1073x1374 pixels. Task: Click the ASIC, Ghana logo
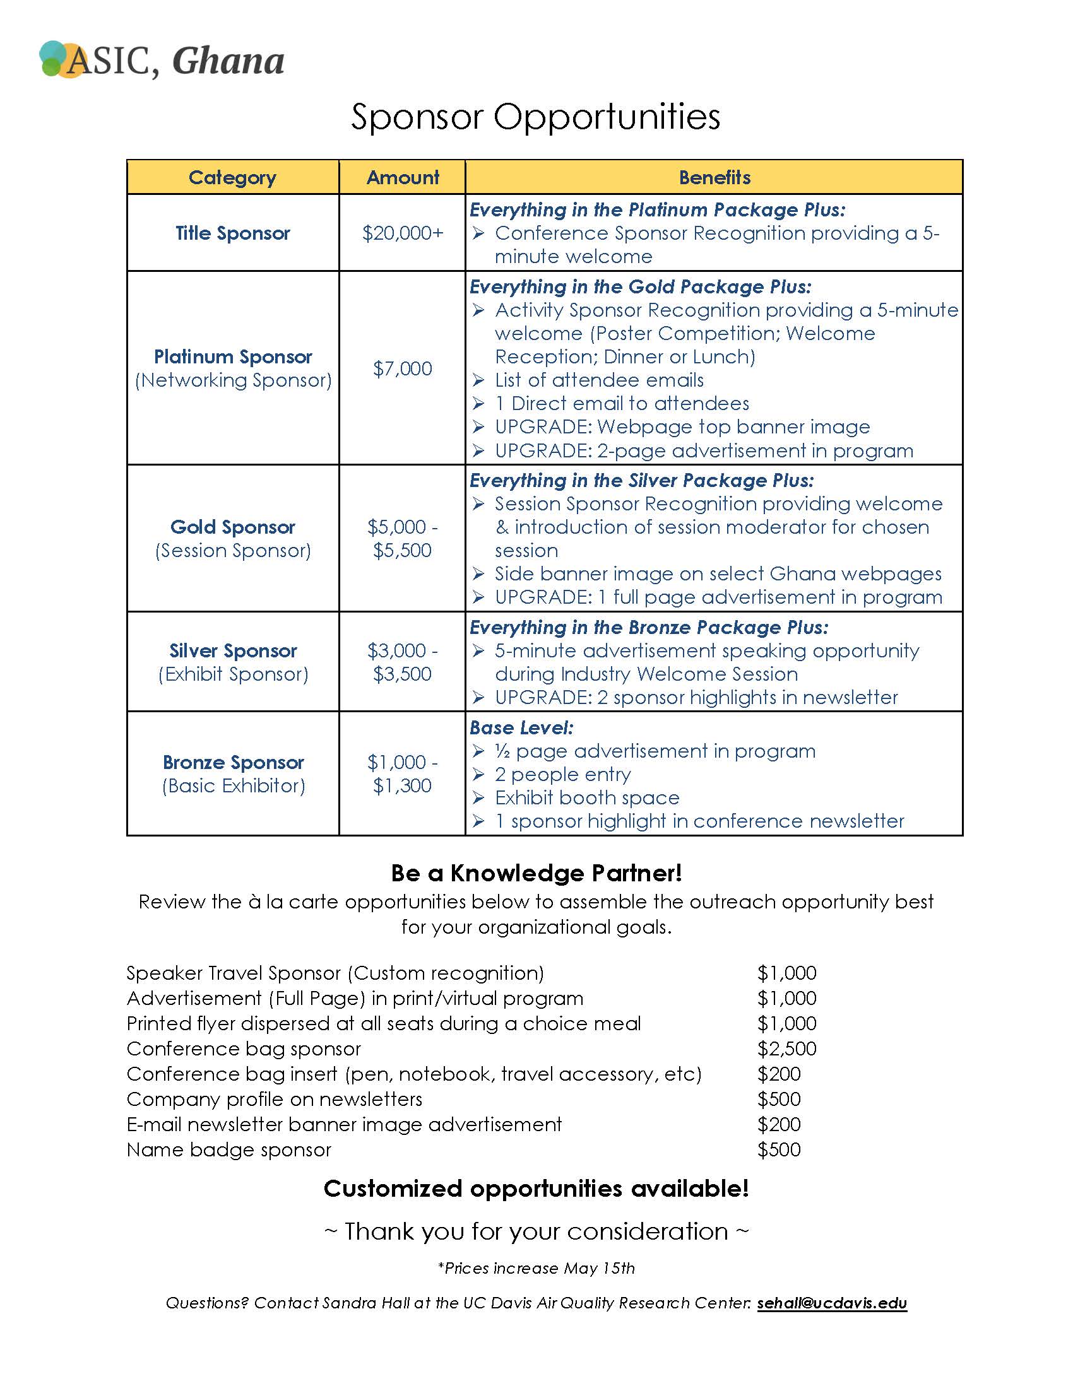pos(162,61)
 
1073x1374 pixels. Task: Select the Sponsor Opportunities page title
pos(535,117)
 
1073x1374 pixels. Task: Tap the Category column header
pos(232,177)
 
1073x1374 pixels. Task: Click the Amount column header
pos(403,177)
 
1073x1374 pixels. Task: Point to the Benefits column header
pos(714,177)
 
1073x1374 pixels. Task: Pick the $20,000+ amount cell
pos(403,233)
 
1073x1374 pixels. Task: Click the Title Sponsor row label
pos(233,233)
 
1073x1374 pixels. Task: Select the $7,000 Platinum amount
pos(403,368)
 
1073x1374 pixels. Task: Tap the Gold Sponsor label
pos(233,527)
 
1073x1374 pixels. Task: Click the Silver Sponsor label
pos(233,650)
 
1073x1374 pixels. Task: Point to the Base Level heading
pos(521,727)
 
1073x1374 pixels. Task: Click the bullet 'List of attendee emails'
pos(599,380)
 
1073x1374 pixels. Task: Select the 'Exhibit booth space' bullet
pos(587,797)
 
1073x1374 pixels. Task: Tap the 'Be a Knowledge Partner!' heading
pos(536,873)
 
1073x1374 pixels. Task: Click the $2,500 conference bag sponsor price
pos(786,1048)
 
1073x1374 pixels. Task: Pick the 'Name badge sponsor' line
pos(229,1149)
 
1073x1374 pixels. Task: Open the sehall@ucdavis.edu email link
pos(832,1303)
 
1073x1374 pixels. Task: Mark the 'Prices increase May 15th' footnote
pos(536,1268)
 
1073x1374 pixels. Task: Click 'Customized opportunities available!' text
pos(536,1189)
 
